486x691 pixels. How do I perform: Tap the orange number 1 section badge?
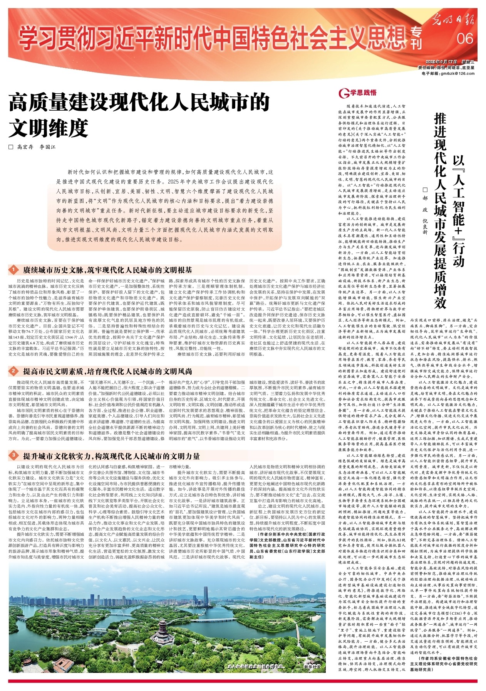click(x=13, y=270)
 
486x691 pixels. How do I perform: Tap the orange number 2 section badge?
click(x=13, y=371)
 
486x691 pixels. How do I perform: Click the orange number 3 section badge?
click(x=13, y=456)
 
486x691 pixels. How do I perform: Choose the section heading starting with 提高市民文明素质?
click(x=107, y=371)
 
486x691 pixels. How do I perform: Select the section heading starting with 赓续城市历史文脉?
click(x=107, y=270)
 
